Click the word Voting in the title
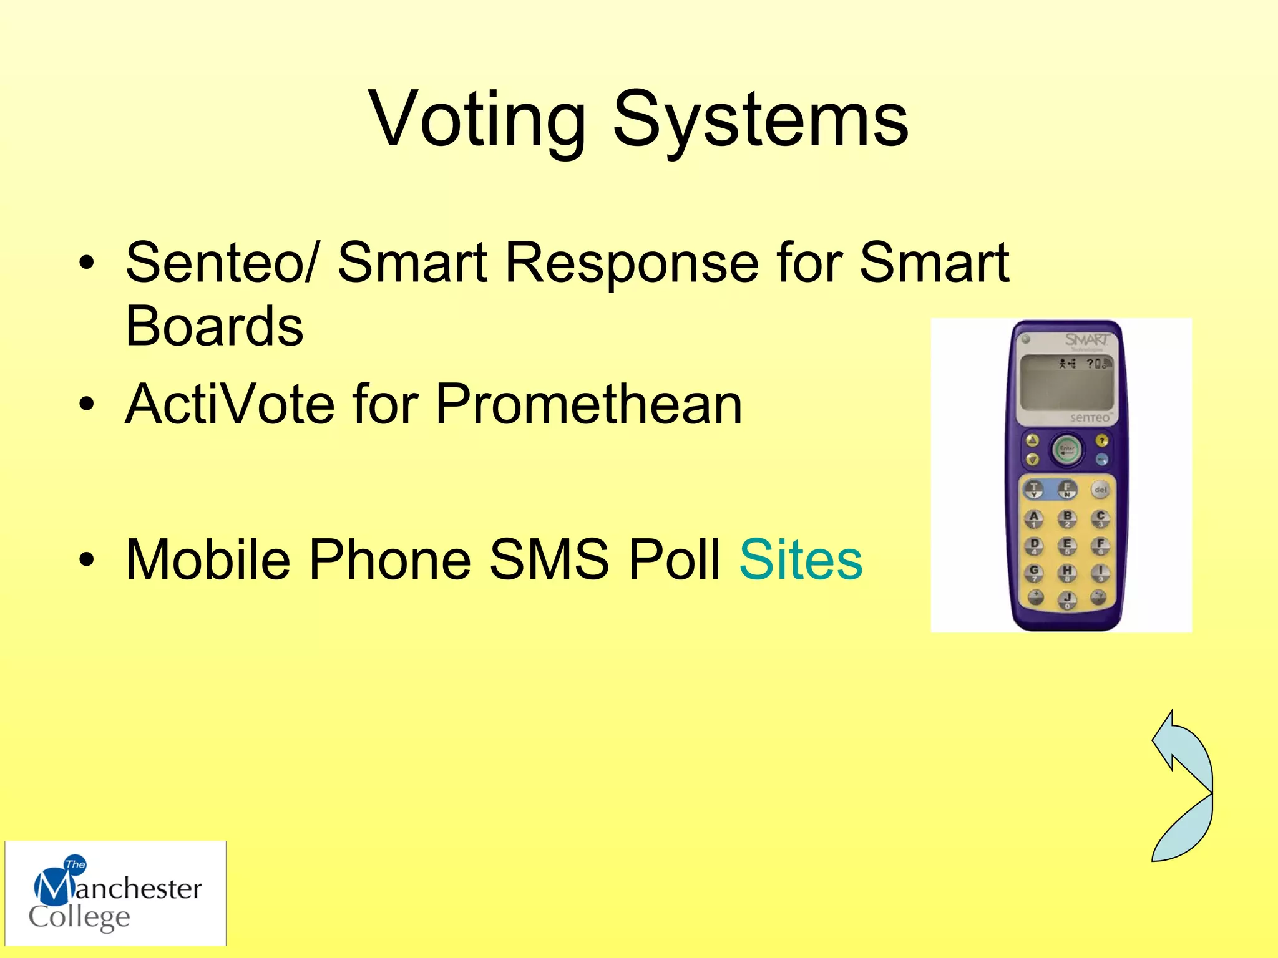pos(477,120)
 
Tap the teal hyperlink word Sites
pos(801,559)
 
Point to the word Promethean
pos(588,404)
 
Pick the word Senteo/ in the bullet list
pos(222,262)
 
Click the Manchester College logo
pos(115,893)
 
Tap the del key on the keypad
pos(1100,490)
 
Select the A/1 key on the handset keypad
pos(1034,517)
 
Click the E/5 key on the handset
pos(1067,544)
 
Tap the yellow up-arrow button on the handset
pos(1033,441)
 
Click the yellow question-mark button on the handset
pos(1102,441)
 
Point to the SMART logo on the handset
pos(1086,340)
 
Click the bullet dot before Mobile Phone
pos(87,559)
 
